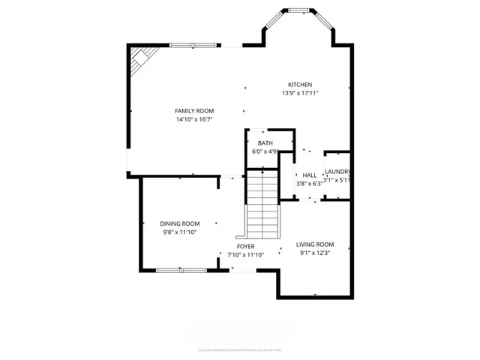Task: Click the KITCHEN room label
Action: click(300, 85)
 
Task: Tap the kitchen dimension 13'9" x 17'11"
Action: click(300, 94)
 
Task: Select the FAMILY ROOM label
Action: click(194, 111)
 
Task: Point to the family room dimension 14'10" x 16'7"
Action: click(194, 119)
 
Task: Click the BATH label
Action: click(265, 142)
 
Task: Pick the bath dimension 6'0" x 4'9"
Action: click(265, 151)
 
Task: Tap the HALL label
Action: click(309, 175)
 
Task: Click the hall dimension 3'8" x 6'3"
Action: click(309, 183)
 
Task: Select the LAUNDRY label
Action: click(337, 172)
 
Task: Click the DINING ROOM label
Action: click(179, 223)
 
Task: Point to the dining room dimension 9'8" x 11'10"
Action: click(179, 232)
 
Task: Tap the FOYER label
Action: click(245, 246)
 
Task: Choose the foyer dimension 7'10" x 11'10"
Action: click(245, 254)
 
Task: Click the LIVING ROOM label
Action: click(314, 244)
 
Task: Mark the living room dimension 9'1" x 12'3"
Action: click(314, 253)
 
